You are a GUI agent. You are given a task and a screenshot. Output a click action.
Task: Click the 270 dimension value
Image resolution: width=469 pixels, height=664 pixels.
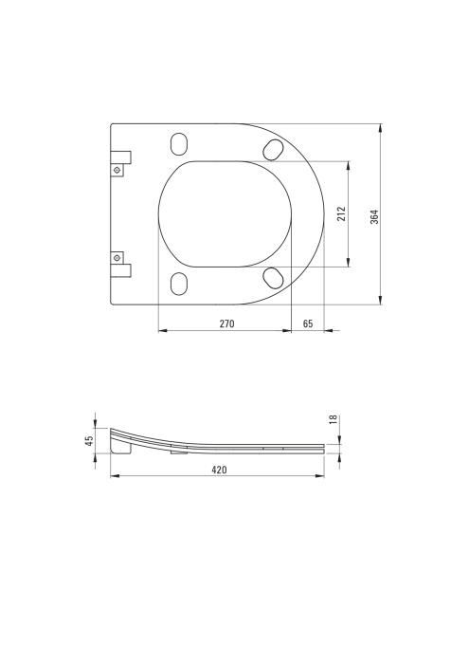click(x=226, y=323)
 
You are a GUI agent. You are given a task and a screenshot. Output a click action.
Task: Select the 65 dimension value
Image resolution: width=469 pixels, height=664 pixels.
click(x=308, y=323)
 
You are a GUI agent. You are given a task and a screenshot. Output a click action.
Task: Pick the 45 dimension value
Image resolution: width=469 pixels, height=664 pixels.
click(x=89, y=440)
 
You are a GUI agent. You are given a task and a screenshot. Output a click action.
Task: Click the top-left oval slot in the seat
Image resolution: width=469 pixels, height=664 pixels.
click(x=178, y=143)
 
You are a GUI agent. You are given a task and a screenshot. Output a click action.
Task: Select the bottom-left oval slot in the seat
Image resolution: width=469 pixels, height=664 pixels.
click(x=178, y=285)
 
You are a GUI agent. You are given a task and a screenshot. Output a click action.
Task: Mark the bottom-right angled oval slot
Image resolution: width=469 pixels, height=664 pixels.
click(x=272, y=277)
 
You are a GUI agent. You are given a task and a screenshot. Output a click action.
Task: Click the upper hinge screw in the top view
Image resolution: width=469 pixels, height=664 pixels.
click(x=117, y=171)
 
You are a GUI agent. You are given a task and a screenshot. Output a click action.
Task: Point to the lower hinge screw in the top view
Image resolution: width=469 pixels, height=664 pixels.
click(x=117, y=257)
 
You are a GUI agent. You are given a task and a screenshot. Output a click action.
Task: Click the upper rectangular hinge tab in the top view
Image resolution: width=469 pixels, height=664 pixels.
click(x=120, y=156)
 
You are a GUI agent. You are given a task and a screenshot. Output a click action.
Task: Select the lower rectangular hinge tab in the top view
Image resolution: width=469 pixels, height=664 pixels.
click(x=120, y=271)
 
